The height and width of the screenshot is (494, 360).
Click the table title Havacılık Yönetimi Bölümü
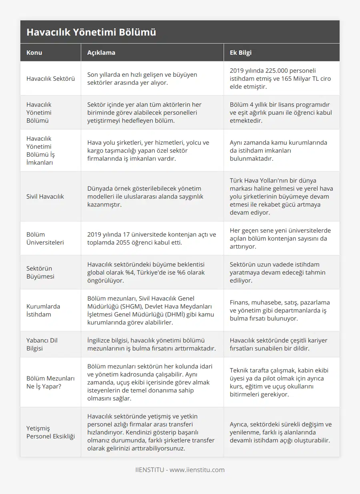(91, 32)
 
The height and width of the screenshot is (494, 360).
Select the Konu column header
(34, 52)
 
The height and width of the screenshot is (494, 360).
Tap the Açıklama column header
(101, 52)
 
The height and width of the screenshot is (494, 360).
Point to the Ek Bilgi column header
(241, 52)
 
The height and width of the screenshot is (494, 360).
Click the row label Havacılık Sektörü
(50, 78)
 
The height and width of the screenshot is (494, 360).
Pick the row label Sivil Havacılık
(45, 196)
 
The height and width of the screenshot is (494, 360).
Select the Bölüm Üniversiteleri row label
(45, 238)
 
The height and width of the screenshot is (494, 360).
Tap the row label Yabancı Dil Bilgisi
(42, 344)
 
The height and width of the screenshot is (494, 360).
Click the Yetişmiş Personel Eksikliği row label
(50, 432)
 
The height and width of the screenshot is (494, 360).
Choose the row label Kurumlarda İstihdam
(43, 310)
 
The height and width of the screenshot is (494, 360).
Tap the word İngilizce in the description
(101, 340)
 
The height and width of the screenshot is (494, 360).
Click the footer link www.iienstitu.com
(197, 470)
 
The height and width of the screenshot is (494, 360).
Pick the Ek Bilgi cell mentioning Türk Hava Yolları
(282, 196)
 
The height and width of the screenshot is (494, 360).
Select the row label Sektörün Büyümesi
(40, 272)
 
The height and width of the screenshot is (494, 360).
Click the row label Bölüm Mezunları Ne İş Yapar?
(50, 382)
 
